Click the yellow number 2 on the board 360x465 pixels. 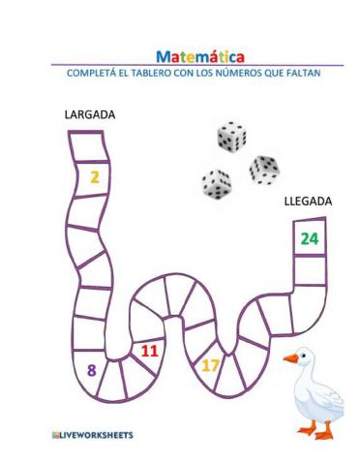coord(94,176)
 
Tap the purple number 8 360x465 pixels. coord(91,369)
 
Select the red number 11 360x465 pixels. coord(148,351)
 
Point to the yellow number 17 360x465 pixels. coord(211,365)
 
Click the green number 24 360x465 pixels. coord(309,238)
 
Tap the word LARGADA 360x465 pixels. coord(89,114)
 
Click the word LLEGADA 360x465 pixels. coord(308,201)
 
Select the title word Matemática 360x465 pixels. coord(200,56)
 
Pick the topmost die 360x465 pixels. coord(231,137)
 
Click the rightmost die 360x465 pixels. coord(264,169)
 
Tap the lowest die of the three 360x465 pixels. coord(216,183)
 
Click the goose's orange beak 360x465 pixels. coord(289,358)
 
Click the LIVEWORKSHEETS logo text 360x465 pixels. coord(93,435)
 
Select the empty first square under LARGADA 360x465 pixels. coord(85,146)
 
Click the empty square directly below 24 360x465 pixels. coord(310,270)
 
